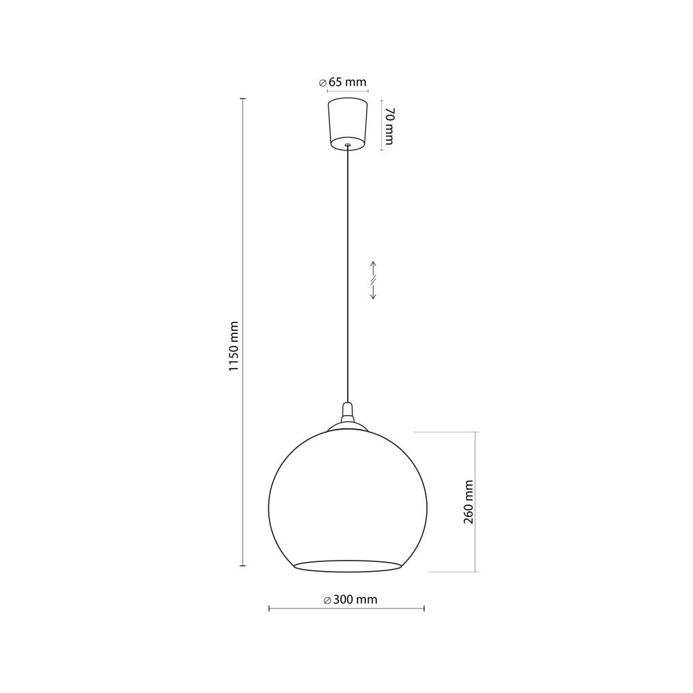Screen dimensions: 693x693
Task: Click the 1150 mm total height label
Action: click(x=234, y=346)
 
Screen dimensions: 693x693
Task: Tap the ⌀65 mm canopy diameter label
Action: click(x=342, y=82)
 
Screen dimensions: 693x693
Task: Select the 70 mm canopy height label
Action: click(x=389, y=126)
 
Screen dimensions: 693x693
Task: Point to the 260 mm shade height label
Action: click(x=468, y=502)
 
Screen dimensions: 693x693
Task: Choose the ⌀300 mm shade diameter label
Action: click(x=351, y=599)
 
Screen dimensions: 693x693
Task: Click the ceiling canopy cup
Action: click(x=348, y=124)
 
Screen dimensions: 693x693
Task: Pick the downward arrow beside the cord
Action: click(x=373, y=292)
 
